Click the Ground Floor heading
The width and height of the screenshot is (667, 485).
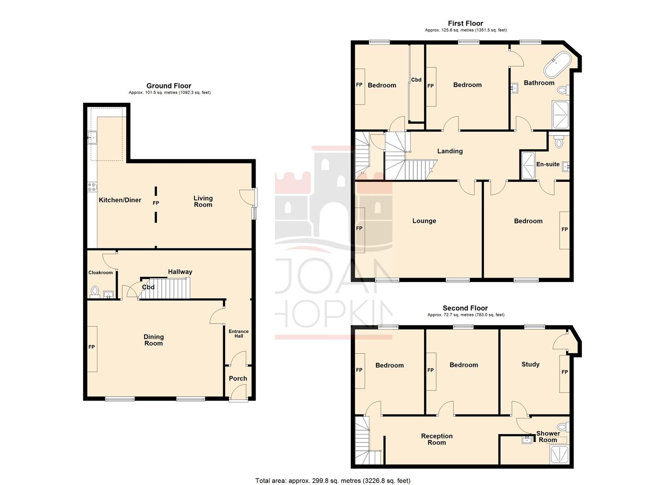(x=169, y=86)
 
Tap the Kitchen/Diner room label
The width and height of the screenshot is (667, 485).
(x=120, y=200)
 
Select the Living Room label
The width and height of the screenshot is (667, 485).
(x=203, y=201)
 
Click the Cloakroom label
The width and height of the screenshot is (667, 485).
(x=101, y=273)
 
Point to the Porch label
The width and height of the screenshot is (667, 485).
(x=238, y=379)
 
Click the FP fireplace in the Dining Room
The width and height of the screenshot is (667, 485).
(x=92, y=347)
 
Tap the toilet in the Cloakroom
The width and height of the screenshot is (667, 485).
(x=95, y=291)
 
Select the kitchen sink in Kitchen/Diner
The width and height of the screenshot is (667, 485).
(x=92, y=137)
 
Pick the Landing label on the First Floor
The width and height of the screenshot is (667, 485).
(x=450, y=151)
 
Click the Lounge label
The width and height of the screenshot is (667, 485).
(x=424, y=221)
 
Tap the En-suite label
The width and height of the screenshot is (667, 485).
(x=548, y=164)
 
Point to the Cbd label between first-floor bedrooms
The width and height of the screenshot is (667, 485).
(x=416, y=80)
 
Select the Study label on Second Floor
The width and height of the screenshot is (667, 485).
(x=530, y=364)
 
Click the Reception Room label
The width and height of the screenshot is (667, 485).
(x=437, y=439)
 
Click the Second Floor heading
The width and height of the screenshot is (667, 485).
(x=465, y=308)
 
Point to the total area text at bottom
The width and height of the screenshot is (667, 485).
(x=333, y=481)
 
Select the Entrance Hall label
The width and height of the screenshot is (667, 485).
(x=239, y=334)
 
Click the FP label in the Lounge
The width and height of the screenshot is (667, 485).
(x=359, y=229)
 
